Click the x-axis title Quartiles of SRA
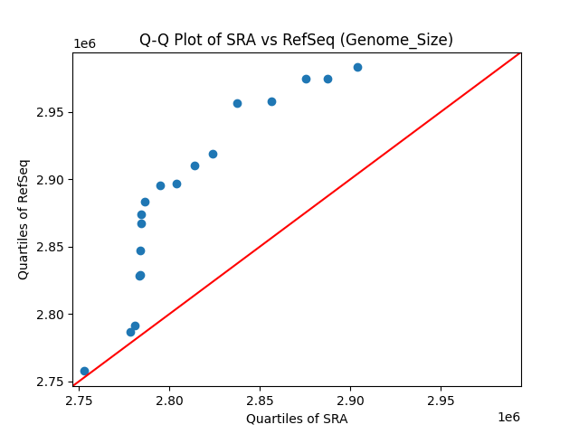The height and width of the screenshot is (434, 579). pyautogui.click(x=296, y=419)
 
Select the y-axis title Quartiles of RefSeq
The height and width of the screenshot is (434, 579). pyautogui.click(x=24, y=219)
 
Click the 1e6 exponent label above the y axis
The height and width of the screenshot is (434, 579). pyautogui.click(x=85, y=44)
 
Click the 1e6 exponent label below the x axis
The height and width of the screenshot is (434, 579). pyautogui.click(x=508, y=417)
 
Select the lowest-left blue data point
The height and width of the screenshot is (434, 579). pyautogui.click(x=84, y=371)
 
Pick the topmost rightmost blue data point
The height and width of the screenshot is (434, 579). pyautogui.click(x=357, y=67)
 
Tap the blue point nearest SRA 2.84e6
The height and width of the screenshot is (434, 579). pyautogui.click(x=237, y=103)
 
